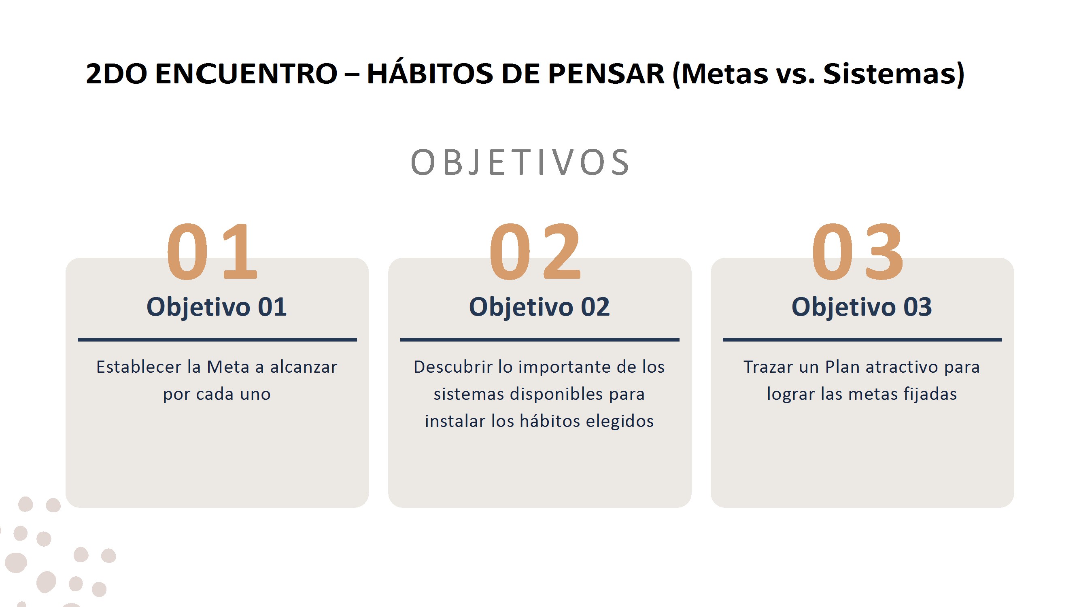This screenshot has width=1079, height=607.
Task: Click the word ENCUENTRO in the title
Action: pos(246,74)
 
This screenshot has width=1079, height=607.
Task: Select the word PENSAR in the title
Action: pos(606,74)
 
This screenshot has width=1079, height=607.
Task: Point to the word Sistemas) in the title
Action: pos(894,74)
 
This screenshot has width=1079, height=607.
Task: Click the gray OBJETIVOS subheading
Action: pos(520,163)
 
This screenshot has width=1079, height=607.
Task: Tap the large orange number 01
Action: pos(212,251)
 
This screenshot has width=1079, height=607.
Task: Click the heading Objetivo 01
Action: pos(217,307)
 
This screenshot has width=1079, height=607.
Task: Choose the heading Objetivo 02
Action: pos(539,307)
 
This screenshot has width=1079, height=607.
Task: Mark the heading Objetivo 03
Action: pos(862,307)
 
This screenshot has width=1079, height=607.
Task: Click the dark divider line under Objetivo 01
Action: pos(217,340)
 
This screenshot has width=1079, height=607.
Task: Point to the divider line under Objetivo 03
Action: pos(862,340)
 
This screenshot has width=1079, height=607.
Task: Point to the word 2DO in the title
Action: pos(117,74)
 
